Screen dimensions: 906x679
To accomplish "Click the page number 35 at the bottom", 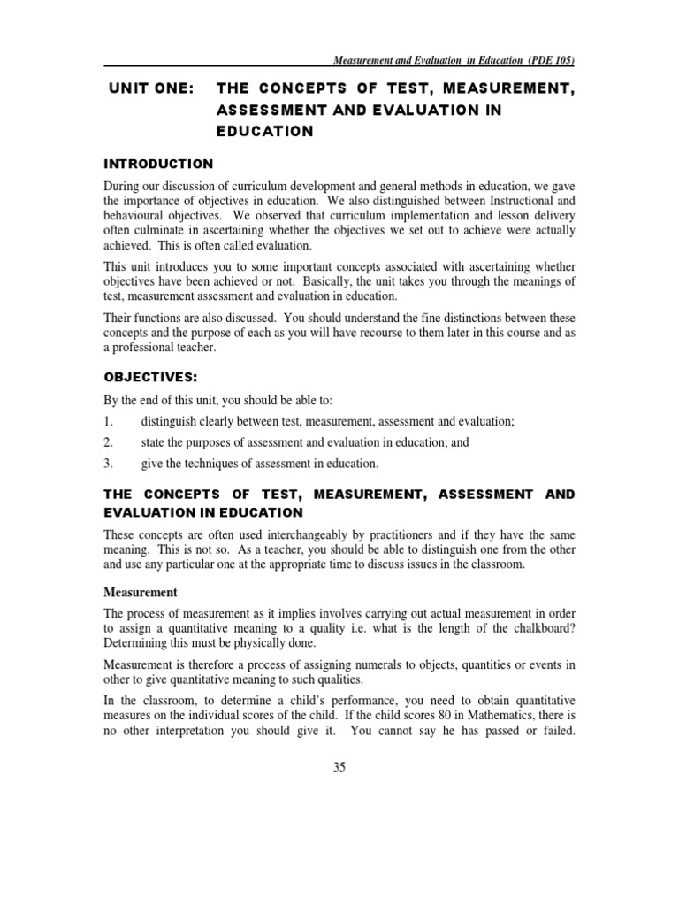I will [x=339, y=767].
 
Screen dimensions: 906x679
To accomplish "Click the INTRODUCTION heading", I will [x=158, y=164].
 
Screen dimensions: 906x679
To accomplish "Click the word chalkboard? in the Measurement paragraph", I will [x=537, y=629].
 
